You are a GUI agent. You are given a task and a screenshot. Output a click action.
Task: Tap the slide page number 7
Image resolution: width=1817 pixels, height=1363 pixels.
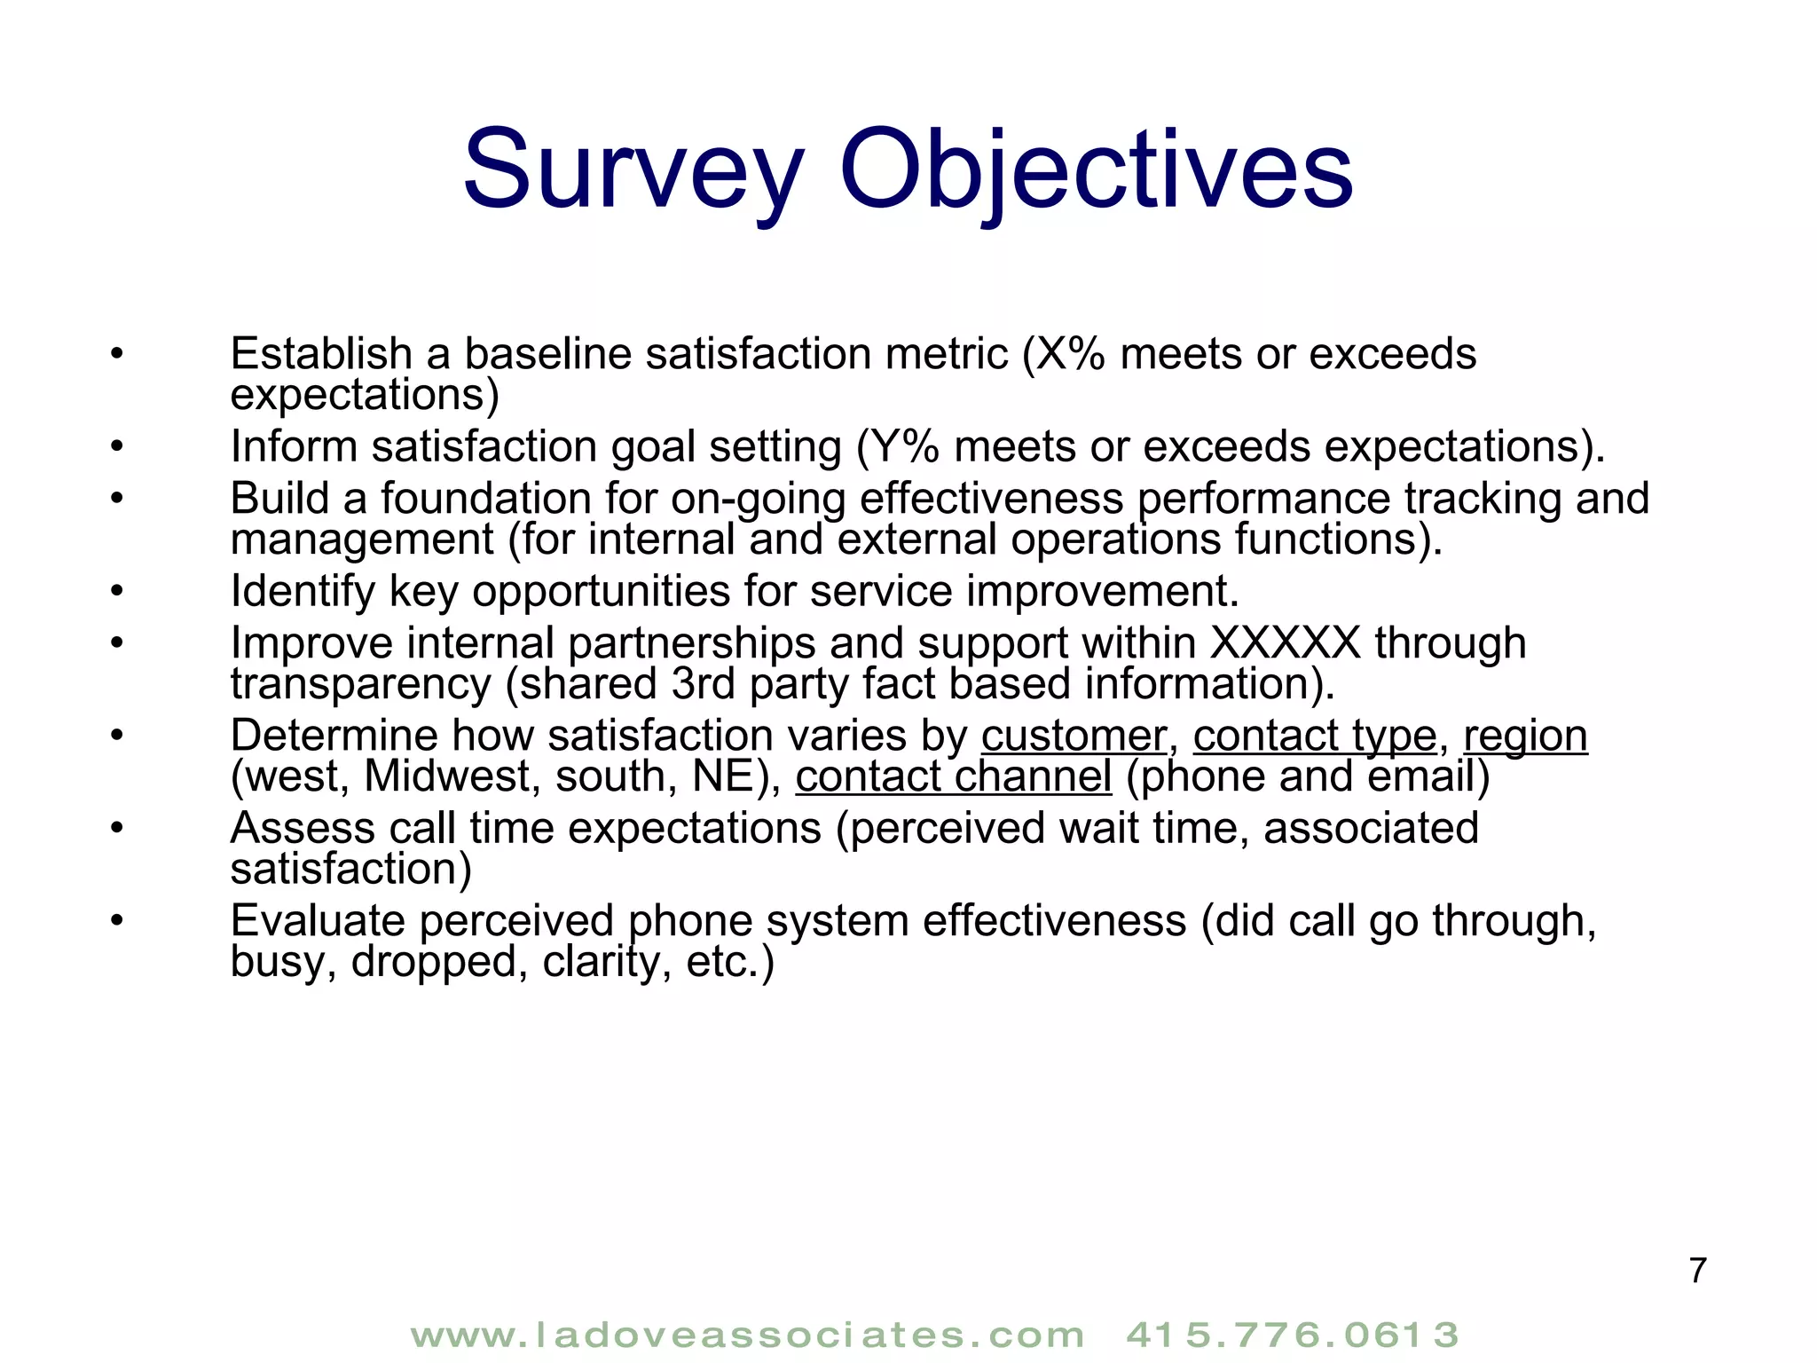pyautogui.click(x=1697, y=1270)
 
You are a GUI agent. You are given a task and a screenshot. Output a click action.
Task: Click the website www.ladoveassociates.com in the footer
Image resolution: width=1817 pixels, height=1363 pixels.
pyautogui.click(x=748, y=1335)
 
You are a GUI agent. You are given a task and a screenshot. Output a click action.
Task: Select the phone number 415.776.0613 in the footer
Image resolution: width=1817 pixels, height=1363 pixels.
pyautogui.click(x=1293, y=1335)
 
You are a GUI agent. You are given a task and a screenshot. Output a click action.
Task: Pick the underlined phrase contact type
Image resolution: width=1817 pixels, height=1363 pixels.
pyautogui.click(x=1315, y=736)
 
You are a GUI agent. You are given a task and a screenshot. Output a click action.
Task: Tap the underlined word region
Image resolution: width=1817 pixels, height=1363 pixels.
pyautogui.click(x=1525, y=736)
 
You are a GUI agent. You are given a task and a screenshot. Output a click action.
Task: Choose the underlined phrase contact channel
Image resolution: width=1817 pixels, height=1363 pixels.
pyautogui.click(x=953, y=776)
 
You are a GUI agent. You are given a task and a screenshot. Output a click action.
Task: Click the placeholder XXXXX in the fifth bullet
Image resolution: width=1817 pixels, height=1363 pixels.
pyautogui.click(x=1286, y=642)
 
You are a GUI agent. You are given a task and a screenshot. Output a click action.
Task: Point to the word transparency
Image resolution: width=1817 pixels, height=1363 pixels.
pyautogui.click(x=360, y=684)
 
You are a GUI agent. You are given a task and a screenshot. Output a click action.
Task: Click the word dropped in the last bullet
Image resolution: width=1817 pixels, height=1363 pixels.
pyautogui.click(x=433, y=961)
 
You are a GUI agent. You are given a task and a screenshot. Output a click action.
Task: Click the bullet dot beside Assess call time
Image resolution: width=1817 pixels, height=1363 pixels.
pyautogui.click(x=116, y=828)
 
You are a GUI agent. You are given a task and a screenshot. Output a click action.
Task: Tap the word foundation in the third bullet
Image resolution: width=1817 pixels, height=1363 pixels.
pyautogui.click(x=486, y=499)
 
